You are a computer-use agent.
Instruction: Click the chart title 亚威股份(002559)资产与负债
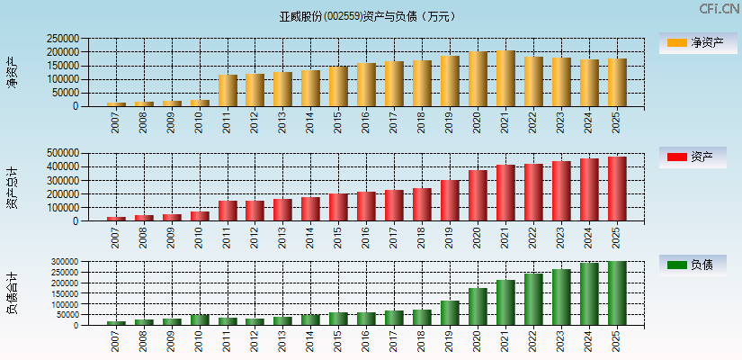(367, 16)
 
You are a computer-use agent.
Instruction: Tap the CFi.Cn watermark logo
(719, 9)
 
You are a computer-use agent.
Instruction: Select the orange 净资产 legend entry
(693, 42)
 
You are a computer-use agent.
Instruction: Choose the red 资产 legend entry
(693, 157)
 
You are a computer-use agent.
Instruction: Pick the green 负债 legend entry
(693, 265)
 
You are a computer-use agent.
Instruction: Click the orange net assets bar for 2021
(505, 79)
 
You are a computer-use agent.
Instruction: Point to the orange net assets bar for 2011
(228, 91)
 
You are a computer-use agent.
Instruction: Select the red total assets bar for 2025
(617, 189)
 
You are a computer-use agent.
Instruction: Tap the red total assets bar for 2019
(450, 201)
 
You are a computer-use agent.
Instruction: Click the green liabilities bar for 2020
(478, 307)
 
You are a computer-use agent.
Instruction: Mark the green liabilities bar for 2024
(589, 294)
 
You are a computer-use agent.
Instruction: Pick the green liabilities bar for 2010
(200, 319)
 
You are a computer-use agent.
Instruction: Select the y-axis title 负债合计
(12, 293)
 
